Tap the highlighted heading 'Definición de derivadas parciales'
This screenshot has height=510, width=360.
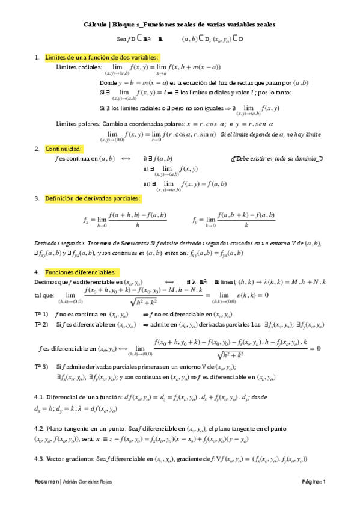pyautogui.click(x=93, y=198)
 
